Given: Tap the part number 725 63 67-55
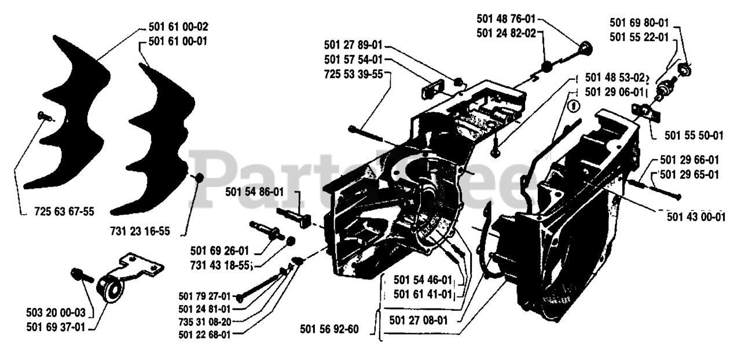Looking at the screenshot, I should [64, 212].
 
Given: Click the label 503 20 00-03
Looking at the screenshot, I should [56, 313].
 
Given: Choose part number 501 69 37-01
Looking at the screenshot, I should [56, 327].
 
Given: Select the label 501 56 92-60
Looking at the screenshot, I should [329, 330].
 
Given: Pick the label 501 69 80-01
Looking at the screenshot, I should [640, 23].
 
